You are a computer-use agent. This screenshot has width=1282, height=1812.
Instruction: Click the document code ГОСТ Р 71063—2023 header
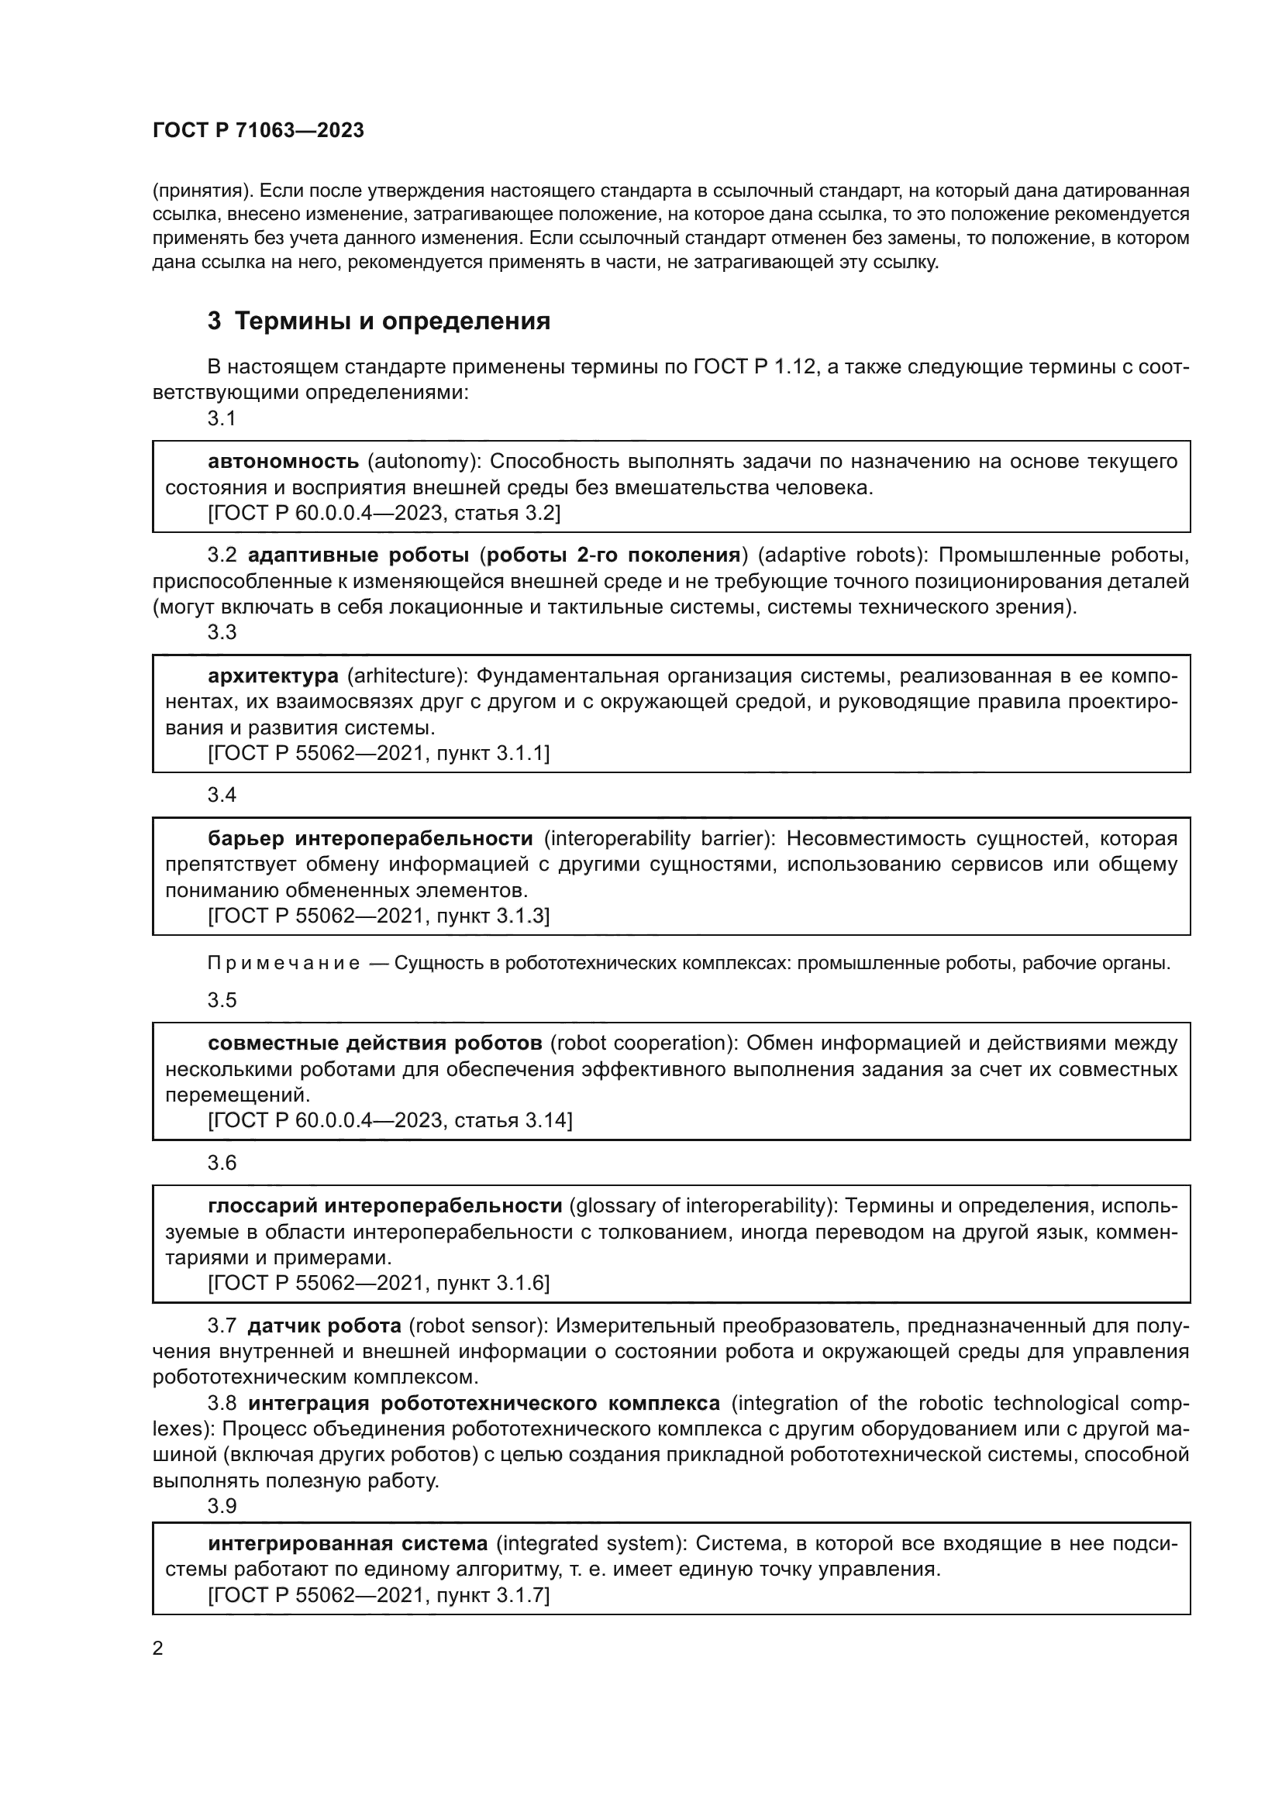coord(258,131)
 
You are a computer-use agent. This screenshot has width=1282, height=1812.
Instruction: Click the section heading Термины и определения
coord(392,321)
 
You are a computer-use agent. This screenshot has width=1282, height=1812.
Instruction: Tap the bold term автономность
coord(284,461)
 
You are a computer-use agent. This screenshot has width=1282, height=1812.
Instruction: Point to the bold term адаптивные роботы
coord(358,555)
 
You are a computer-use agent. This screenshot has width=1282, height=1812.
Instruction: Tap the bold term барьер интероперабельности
coord(370,838)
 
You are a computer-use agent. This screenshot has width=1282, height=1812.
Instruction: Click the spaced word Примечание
coord(284,964)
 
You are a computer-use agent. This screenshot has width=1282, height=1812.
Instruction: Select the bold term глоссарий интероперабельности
coord(384,1206)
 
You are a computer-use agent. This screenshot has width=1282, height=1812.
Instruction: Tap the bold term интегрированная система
coord(348,1544)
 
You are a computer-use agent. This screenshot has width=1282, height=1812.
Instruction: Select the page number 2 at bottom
coord(158,1649)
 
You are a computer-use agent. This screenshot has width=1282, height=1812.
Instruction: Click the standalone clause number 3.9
coord(222,1506)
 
